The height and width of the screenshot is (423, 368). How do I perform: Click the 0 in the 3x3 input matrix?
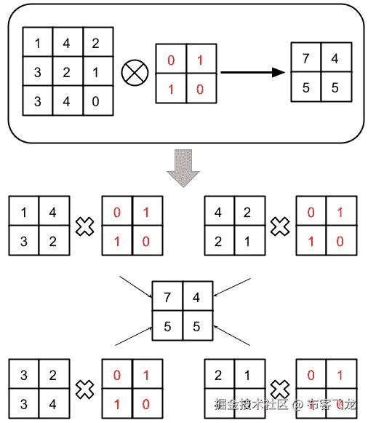click(x=96, y=101)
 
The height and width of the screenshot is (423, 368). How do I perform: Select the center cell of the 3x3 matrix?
click(x=67, y=72)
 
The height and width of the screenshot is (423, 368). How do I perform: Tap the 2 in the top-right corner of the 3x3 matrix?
click(x=96, y=43)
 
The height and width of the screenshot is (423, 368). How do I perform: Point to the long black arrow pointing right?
click(x=251, y=73)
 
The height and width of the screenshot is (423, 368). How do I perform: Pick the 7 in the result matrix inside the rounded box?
click(x=306, y=58)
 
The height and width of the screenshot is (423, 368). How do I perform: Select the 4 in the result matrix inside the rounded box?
click(x=335, y=58)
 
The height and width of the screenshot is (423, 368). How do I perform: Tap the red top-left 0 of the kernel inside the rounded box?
click(x=171, y=60)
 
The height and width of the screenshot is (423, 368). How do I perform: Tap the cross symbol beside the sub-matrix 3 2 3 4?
click(x=86, y=389)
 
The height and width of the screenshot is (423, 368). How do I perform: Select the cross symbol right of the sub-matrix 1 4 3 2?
click(x=86, y=226)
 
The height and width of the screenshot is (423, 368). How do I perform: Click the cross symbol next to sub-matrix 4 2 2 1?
click(x=280, y=226)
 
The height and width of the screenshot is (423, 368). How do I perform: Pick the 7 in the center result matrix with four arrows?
click(x=167, y=297)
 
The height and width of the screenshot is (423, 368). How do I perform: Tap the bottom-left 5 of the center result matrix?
click(x=167, y=327)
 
